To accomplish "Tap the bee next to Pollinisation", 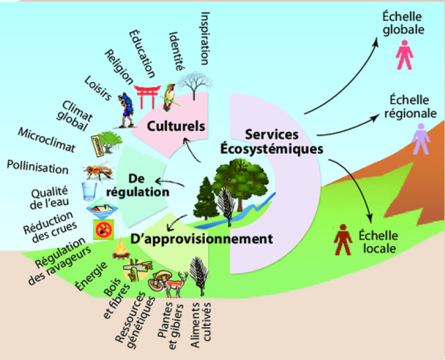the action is [x=98, y=171].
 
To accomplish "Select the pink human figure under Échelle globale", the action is [x=404, y=55].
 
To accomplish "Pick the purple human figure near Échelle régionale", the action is [x=421, y=139].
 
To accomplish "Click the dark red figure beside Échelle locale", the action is [x=343, y=240].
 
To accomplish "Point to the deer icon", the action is [x=177, y=285].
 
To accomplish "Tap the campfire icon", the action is [x=121, y=249].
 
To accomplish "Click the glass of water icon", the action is [x=89, y=192].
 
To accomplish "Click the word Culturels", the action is [x=176, y=126].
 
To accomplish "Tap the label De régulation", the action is [x=138, y=185].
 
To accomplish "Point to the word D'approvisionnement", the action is [x=201, y=239].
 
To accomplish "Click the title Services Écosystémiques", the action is [x=272, y=141].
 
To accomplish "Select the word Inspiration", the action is [x=205, y=38].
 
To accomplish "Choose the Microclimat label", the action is [x=47, y=140].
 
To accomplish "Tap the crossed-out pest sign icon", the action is [x=104, y=230].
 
